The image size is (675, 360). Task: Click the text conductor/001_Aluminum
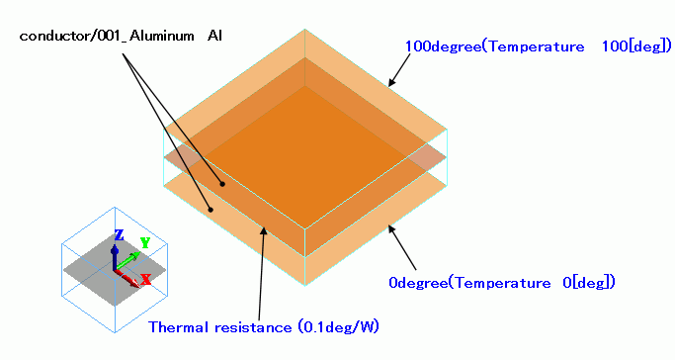tap(107, 36)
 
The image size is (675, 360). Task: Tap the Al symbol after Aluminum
tap(214, 36)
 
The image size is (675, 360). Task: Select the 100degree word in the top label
tap(444, 46)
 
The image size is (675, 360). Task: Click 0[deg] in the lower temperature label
tap(589, 283)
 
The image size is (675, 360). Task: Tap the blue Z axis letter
tap(120, 235)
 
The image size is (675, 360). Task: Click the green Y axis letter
tap(145, 243)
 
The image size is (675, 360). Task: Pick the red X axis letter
tap(146, 279)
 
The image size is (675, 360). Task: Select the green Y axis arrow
tap(127, 261)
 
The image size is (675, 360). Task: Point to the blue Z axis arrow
tap(115, 257)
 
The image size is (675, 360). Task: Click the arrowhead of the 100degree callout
tap(391, 82)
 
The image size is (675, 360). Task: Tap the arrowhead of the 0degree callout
tap(391, 229)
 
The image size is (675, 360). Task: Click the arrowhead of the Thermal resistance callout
tap(264, 230)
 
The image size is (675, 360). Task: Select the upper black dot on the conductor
tap(222, 184)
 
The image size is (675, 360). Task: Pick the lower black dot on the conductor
tap(211, 210)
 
